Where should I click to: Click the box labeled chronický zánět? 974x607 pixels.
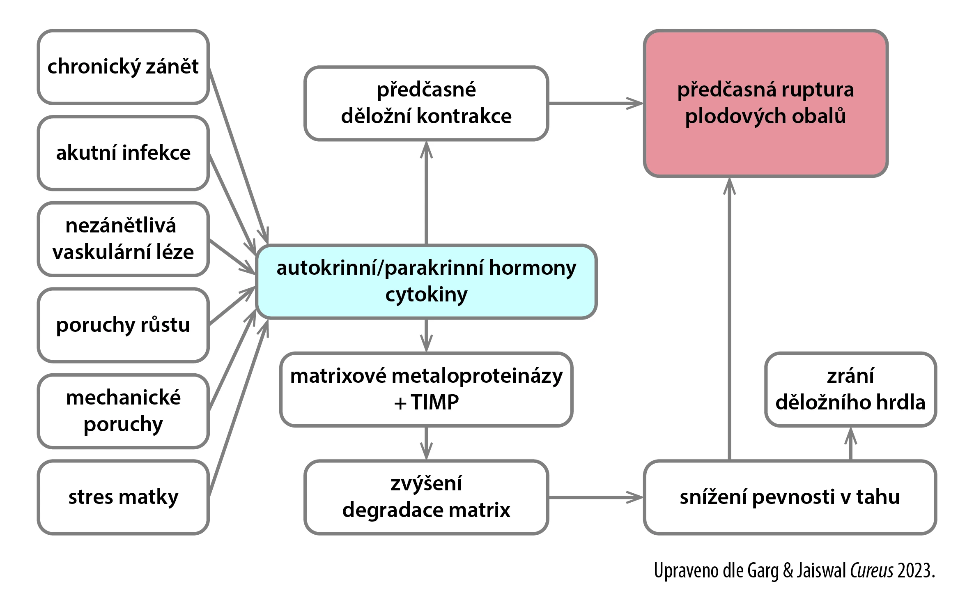pos(123,67)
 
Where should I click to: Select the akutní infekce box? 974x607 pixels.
pos(123,153)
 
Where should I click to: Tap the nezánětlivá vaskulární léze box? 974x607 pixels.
pos(123,239)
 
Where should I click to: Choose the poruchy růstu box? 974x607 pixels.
pos(123,325)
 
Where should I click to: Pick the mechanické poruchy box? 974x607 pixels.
pos(123,411)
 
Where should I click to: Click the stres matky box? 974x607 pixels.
pos(123,497)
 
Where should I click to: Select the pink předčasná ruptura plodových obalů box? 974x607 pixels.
pos(766,103)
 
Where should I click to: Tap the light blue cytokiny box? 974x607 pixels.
pos(426,282)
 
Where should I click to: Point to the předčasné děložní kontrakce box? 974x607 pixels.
pos(426,103)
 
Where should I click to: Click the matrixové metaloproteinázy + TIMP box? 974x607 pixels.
pos(426,389)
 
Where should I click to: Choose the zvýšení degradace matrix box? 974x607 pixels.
pos(426,497)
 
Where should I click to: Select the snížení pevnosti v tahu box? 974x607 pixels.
pos(790,497)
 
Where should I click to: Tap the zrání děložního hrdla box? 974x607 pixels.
pos(850,389)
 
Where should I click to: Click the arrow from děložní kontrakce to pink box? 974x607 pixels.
pos(596,103)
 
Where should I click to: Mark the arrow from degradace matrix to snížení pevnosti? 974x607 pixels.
pos(596,497)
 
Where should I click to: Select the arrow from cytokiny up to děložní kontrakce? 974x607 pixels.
pos(426,193)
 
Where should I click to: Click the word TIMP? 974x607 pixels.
pos(435,402)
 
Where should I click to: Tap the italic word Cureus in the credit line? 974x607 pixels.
pos(871,570)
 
